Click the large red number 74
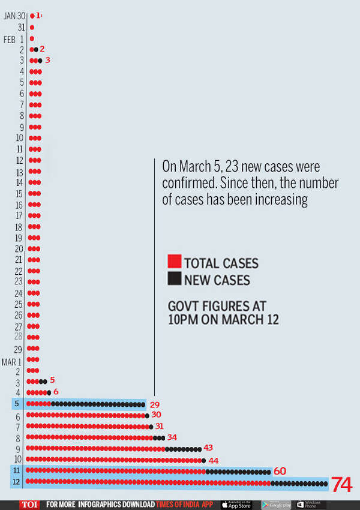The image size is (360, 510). [x=341, y=484]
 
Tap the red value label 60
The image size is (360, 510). [x=280, y=471]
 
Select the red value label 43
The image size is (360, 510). [x=208, y=448]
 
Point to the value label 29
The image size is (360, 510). [x=154, y=405]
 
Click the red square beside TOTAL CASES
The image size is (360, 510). [x=175, y=262]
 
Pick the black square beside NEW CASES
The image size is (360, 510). [x=175, y=278]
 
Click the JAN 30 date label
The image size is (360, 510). [x=15, y=16]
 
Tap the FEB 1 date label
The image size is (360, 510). [x=14, y=39]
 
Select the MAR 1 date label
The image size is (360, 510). [x=13, y=361]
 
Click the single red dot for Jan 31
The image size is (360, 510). [x=32, y=28]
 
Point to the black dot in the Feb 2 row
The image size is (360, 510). [x=36, y=49]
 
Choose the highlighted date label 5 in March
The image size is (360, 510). [x=18, y=404]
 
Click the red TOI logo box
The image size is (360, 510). [x=29, y=505]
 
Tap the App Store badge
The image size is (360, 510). [x=236, y=505]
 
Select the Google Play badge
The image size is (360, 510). [x=276, y=505]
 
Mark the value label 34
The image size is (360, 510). [x=172, y=437]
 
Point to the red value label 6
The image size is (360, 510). [x=56, y=392]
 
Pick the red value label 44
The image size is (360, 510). [x=213, y=460]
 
